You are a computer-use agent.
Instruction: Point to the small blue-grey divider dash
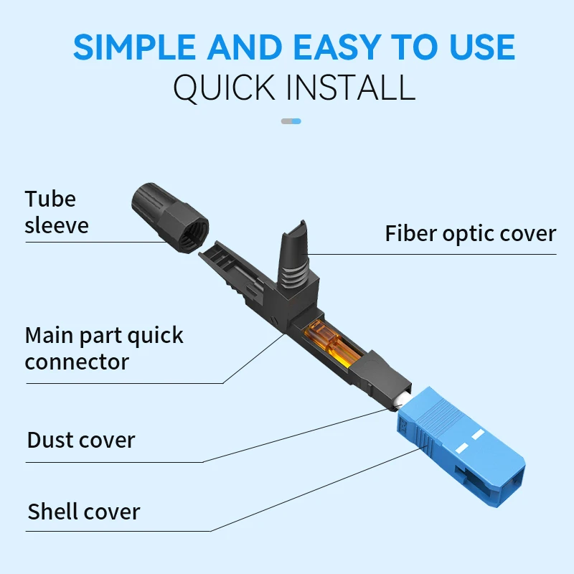click(x=291, y=121)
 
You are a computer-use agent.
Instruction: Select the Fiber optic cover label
click(x=470, y=233)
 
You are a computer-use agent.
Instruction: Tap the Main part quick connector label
click(x=104, y=348)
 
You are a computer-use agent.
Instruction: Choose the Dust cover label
click(x=80, y=439)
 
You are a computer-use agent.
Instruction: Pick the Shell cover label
click(x=84, y=511)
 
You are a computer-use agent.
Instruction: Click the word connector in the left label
click(x=77, y=361)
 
